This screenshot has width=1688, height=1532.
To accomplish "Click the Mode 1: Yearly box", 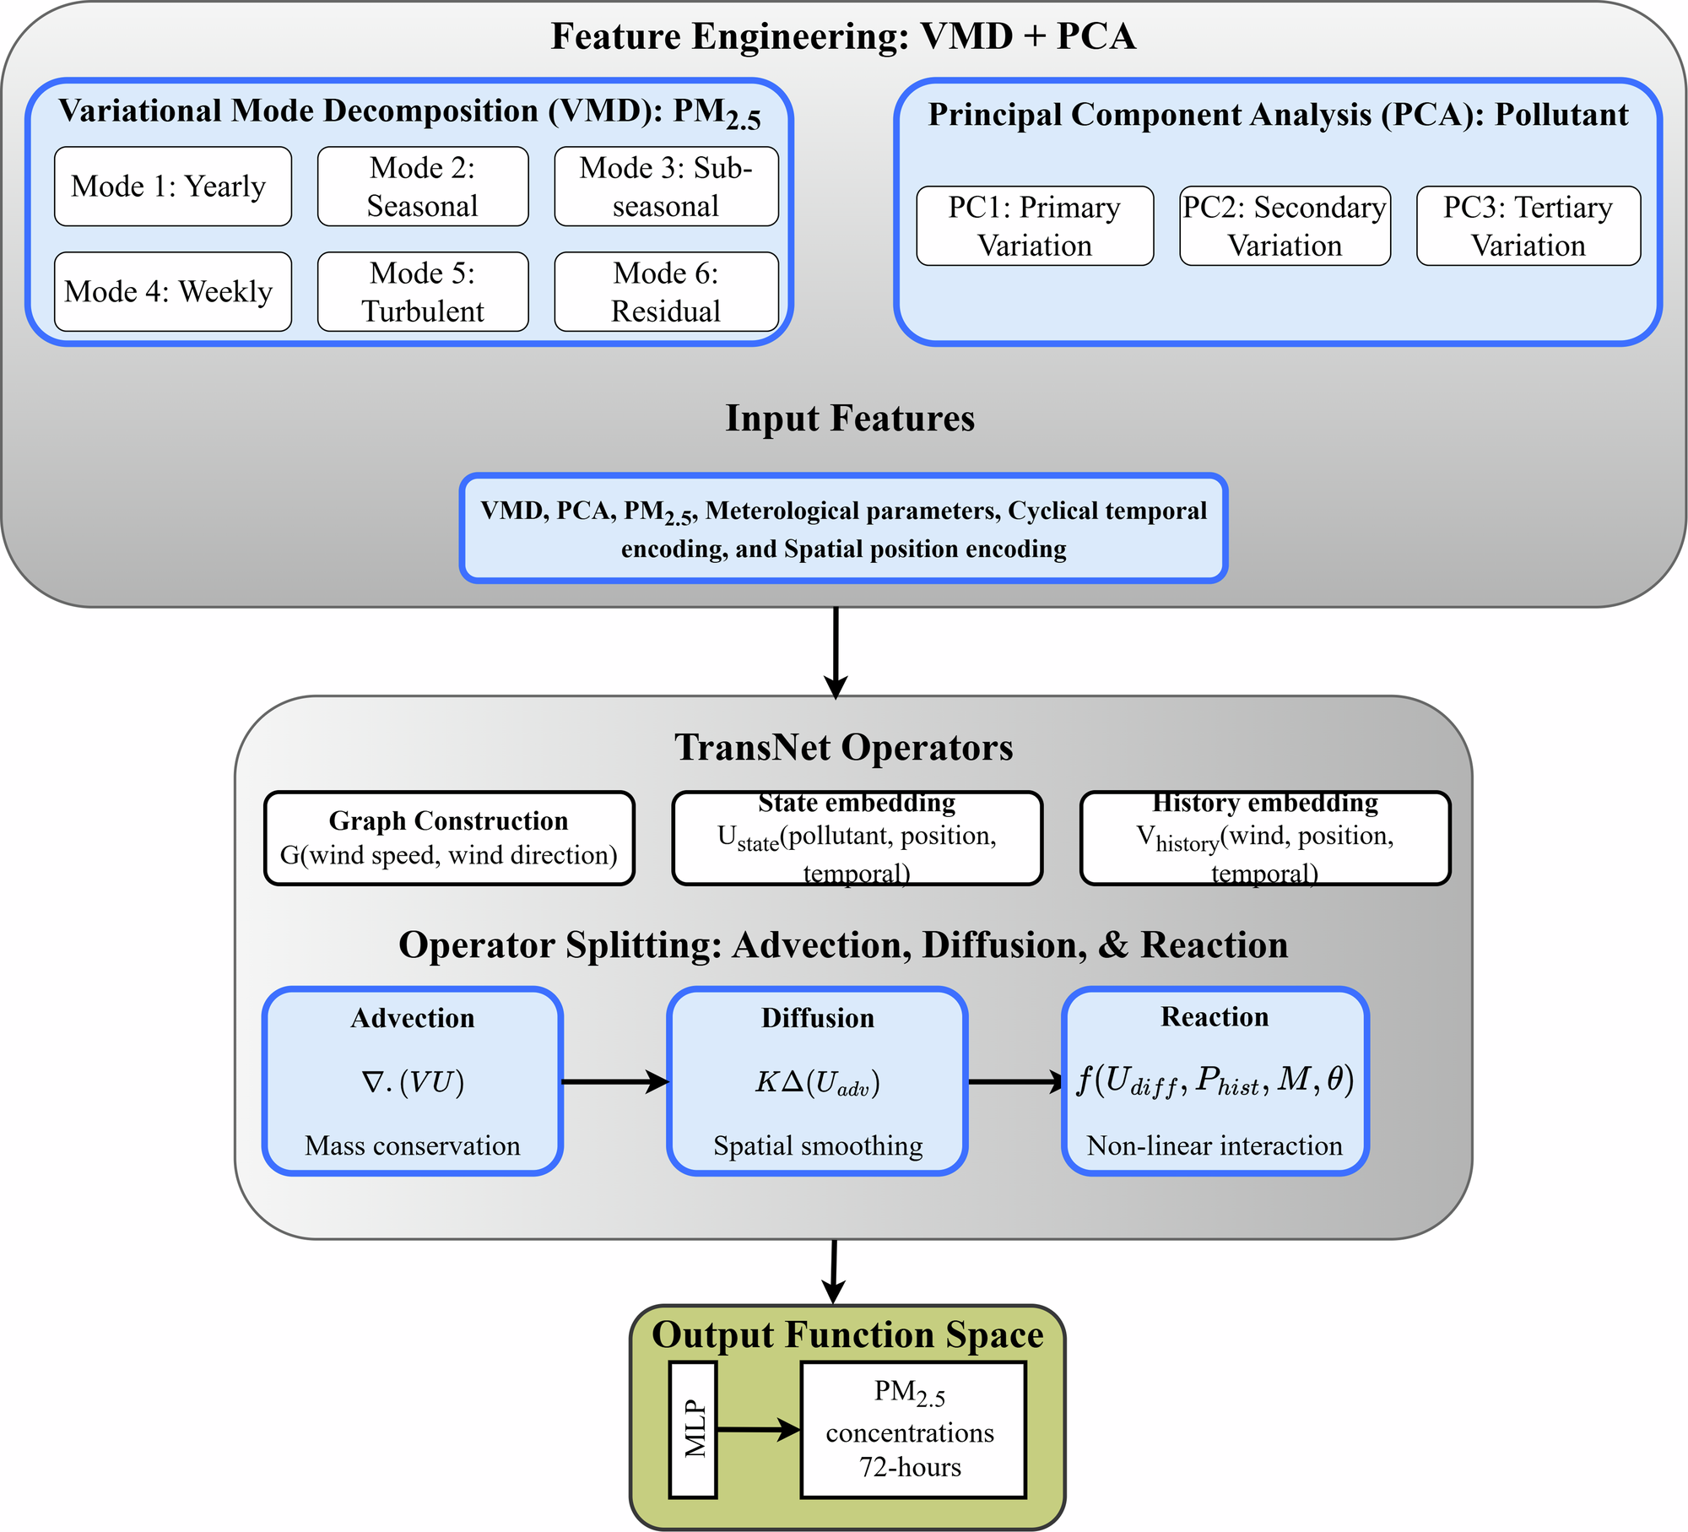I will [x=172, y=187].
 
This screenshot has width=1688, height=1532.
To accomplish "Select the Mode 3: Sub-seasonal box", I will [x=666, y=187].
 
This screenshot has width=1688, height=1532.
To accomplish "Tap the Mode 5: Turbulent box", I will [x=423, y=292].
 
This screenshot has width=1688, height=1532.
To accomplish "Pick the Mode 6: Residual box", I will [x=666, y=292].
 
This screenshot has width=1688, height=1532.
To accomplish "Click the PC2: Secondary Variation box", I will [x=1285, y=226].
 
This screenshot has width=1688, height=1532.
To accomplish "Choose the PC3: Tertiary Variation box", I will [x=1528, y=226].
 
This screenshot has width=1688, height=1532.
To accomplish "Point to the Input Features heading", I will [x=850, y=419].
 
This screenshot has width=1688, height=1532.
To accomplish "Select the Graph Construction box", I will [x=449, y=838].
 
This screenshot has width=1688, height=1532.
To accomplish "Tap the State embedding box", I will [x=857, y=838].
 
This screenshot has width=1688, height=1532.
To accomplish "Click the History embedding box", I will [x=1265, y=838].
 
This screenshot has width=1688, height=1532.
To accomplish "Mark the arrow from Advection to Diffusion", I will [x=614, y=1081].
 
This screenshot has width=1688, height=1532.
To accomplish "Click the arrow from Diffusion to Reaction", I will [x=1015, y=1081].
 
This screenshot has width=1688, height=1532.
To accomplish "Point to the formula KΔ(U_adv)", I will [x=817, y=1083].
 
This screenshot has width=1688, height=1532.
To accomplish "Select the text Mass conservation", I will [x=412, y=1146].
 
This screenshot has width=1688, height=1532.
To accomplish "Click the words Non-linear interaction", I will [x=1215, y=1146].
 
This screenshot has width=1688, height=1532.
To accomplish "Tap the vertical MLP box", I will [x=693, y=1430].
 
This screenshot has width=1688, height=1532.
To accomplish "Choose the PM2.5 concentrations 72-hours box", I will [x=912, y=1430].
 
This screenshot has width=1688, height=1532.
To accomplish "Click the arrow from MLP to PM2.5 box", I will [x=758, y=1430].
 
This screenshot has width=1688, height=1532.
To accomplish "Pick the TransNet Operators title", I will [x=843, y=748].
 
